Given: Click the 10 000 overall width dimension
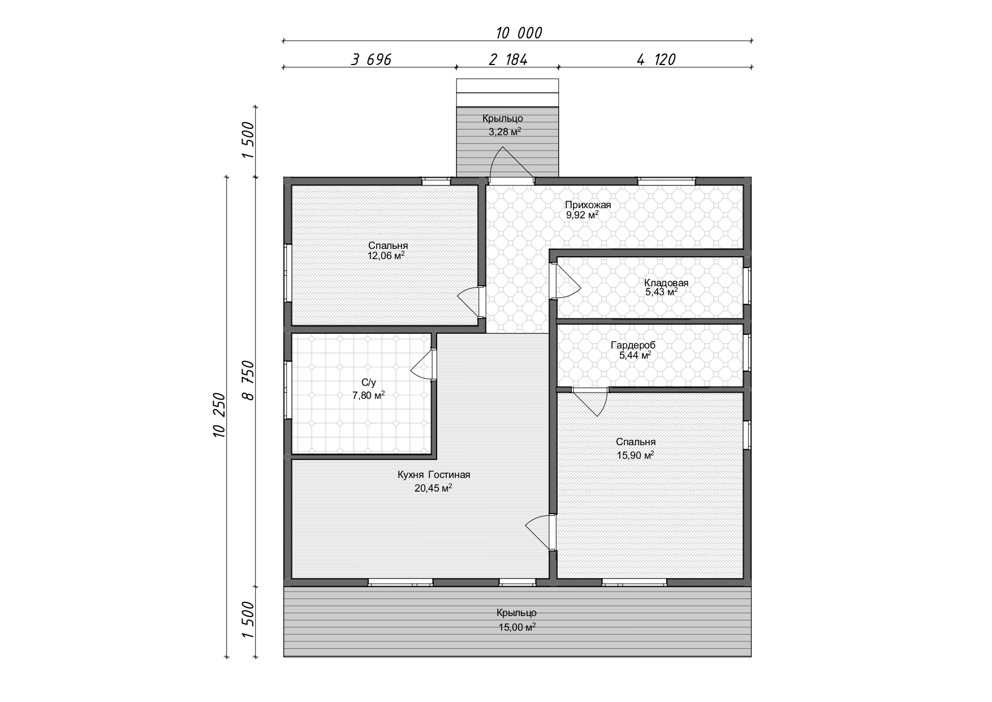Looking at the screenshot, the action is pyautogui.click(x=519, y=33).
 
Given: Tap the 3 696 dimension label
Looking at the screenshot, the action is pyautogui.click(x=371, y=59).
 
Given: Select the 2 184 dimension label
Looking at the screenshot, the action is pyautogui.click(x=508, y=59).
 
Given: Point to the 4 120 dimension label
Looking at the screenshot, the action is pyautogui.click(x=656, y=59).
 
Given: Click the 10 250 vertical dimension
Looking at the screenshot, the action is pyautogui.click(x=219, y=415).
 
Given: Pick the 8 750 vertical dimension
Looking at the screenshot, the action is pyautogui.click(x=248, y=381).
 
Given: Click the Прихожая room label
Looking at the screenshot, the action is pyautogui.click(x=588, y=205).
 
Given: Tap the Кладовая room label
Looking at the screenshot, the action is pyautogui.click(x=666, y=283).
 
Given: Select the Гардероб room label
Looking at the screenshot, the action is pyautogui.click(x=633, y=345).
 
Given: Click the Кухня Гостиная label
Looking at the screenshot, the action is pyautogui.click(x=434, y=475).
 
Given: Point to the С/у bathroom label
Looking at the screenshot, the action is pyautogui.click(x=368, y=382).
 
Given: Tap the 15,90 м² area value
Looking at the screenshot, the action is pyautogui.click(x=636, y=455).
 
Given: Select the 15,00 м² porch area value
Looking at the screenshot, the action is pyautogui.click(x=517, y=627).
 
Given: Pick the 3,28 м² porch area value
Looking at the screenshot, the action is pyautogui.click(x=505, y=132).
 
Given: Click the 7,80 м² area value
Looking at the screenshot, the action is pyautogui.click(x=368, y=395).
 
